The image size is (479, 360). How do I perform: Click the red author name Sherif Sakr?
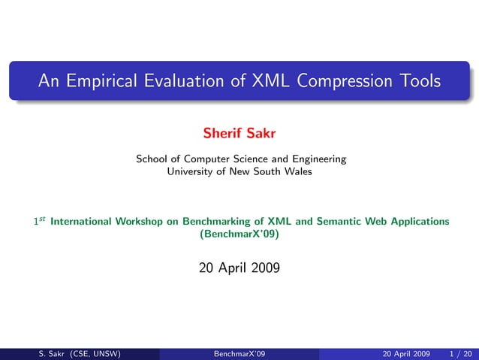pos(239,134)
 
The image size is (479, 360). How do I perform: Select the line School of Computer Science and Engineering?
pos(240,159)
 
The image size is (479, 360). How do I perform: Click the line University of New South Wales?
pos(239,171)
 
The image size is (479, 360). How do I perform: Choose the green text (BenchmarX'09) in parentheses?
pos(239,234)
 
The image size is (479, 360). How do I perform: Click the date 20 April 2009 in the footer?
pos(405,353)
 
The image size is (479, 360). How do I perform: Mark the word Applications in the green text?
pos(415,222)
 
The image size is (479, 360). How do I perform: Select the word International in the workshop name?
pos(82,222)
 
